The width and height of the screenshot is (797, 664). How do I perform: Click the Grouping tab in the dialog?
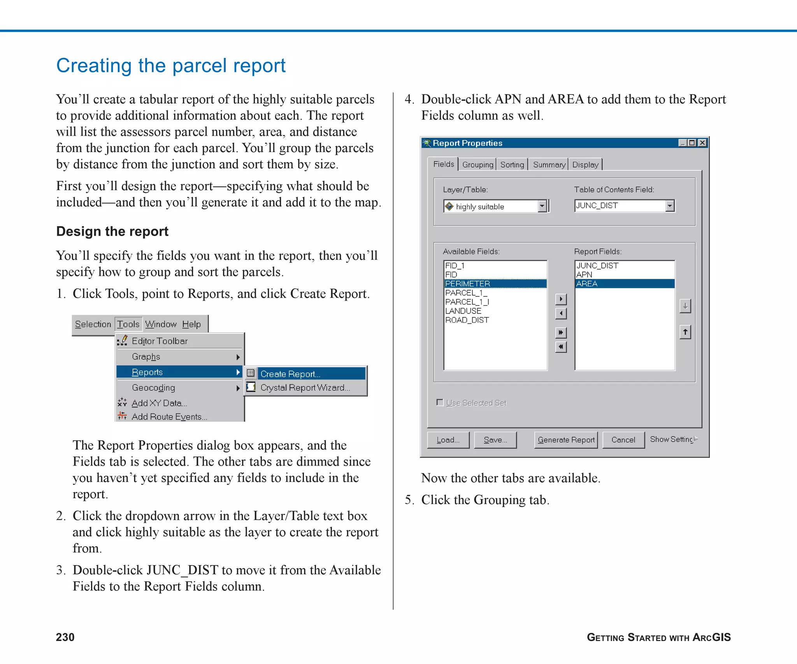[x=477, y=165]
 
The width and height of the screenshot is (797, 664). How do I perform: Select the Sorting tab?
[x=512, y=165]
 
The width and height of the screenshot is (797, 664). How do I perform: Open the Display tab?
[x=585, y=165]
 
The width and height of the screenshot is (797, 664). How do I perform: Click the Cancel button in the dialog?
[x=623, y=440]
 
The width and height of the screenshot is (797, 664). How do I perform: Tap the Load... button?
[x=448, y=440]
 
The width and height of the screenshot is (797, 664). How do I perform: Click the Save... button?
[x=495, y=440]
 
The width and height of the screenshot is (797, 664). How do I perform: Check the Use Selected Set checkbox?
[x=440, y=402]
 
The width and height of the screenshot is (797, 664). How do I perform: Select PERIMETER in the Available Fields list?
[x=467, y=284]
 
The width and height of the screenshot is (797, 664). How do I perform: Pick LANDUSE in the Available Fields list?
[x=463, y=311]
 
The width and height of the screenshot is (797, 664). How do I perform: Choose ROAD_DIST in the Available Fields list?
[x=467, y=320]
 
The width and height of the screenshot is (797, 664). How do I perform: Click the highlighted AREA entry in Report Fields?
[x=587, y=284]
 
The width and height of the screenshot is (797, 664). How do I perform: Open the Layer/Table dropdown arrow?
[x=542, y=206]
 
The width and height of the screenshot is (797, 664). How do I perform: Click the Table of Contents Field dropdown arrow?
[x=669, y=206]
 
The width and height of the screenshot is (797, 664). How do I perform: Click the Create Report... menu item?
[x=290, y=374]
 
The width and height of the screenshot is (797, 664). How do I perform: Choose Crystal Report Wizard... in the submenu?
[x=305, y=388]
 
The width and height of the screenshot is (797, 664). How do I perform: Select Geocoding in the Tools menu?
[x=153, y=388]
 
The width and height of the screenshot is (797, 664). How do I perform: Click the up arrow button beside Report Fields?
[x=685, y=332]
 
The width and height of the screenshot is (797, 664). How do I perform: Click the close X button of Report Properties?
[x=702, y=143]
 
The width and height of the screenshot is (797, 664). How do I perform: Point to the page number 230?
[x=65, y=637]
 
